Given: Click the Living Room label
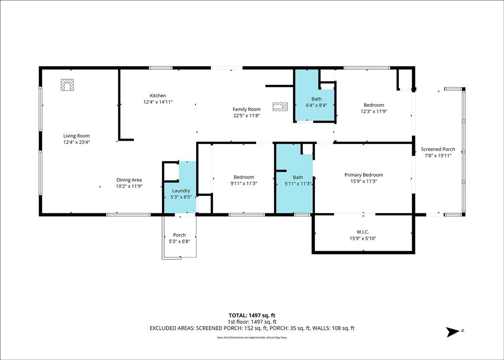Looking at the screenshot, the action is [x=76, y=136].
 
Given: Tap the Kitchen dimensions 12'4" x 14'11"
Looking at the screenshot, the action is [x=158, y=102].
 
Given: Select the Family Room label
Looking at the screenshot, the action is [x=247, y=109].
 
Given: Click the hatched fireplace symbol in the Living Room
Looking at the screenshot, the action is [x=67, y=85].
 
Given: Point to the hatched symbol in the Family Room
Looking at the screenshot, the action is [x=280, y=107].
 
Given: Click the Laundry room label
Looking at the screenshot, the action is [x=181, y=191].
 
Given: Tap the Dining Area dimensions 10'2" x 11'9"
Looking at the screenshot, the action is [x=129, y=186].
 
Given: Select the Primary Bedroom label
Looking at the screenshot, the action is [x=364, y=175].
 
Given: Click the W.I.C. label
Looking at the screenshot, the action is [x=363, y=232].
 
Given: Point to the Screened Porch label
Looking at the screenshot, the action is [x=438, y=149].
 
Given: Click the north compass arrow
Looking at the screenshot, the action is [x=453, y=332].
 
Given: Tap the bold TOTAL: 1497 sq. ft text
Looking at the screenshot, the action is [x=252, y=315].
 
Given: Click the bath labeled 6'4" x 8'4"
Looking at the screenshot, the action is [x=316, y=102].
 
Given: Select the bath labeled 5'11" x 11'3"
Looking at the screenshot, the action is [x=298, y=181].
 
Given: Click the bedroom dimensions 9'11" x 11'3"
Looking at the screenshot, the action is [x=244, y=184].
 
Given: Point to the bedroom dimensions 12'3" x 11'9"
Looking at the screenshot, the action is [x=374, y=111].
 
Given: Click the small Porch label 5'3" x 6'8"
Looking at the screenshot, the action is [x=180, y=238].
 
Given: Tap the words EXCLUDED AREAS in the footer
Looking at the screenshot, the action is [x=172, y=328].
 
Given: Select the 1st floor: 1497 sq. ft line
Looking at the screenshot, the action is [x=252, y=322].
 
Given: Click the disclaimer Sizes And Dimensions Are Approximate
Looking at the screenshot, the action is [x=241, y=337].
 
